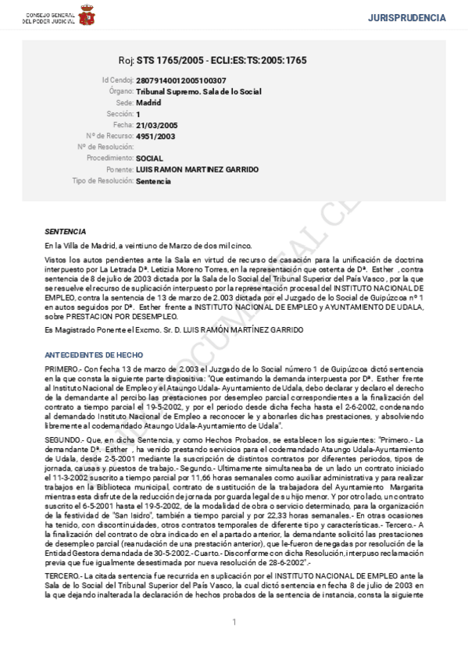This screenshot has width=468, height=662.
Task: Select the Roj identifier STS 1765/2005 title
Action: click(213, 60)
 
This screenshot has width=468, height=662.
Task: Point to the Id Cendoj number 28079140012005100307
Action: click(181, 80)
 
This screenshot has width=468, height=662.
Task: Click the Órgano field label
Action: click(121, 91)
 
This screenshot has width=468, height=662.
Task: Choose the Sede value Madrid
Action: click(148, 102)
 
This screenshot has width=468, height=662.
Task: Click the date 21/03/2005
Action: click(157, 125)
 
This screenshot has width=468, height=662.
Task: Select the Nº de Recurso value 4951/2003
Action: click(155, 136)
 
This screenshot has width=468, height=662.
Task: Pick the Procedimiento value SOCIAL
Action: click(149, 158)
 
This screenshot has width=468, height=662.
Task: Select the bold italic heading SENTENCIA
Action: click(66, 232)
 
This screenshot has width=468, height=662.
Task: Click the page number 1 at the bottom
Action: click(234, 621)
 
